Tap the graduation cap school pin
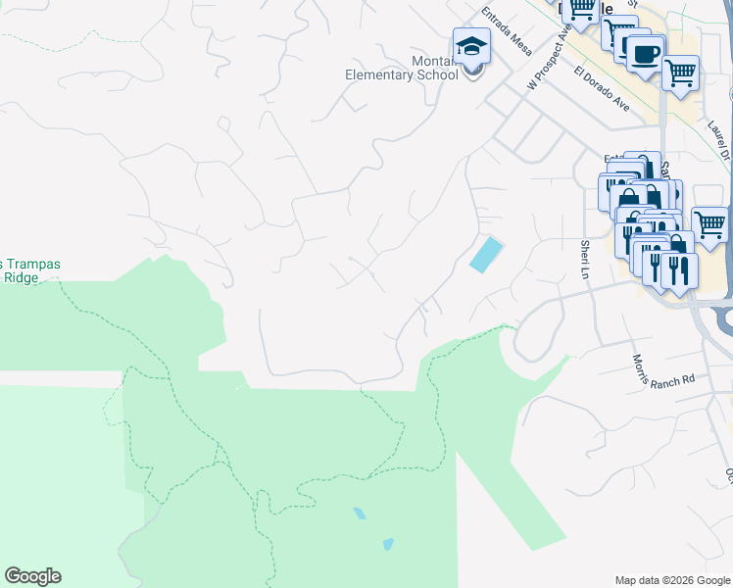[x=471, y=47]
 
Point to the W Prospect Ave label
[x=548, y=58]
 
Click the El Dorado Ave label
[x=603, y=88]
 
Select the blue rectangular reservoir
[x=485, y=255]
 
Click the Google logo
[x=32, y=576]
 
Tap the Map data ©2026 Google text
[x=673, y=580]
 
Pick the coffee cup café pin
[x=644, y=54]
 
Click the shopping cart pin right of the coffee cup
[x=680, y=72]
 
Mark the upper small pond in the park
[x=360, y=513]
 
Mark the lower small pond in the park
[x=388, y=544]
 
